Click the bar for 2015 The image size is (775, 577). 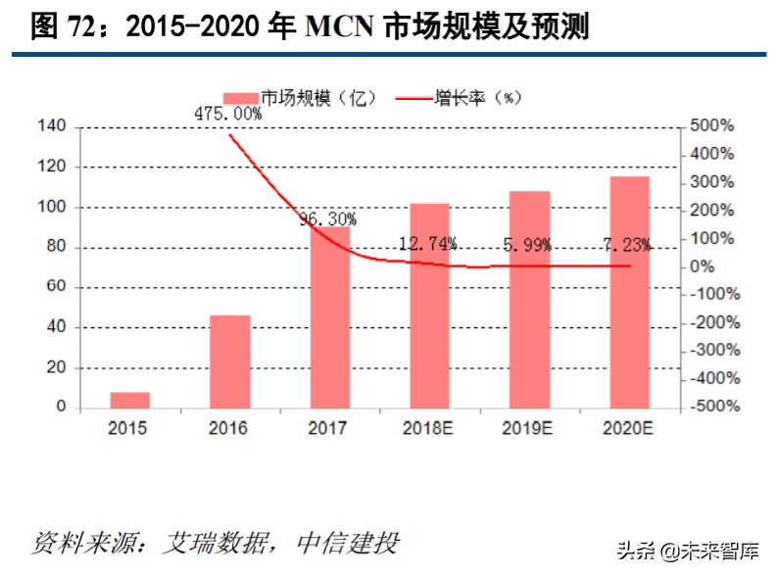point(130,400)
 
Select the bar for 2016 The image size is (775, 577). point(230,361)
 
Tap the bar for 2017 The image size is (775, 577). point(330,323)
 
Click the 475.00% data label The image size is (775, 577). point(228,114)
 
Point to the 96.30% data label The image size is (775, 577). point(328,219)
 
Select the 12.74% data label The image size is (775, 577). point(428,243)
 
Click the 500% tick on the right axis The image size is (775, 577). point(712,126)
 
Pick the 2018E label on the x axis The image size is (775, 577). point(429,428)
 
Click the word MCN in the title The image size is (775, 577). point(340,26)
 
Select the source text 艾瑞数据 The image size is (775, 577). point(205,543)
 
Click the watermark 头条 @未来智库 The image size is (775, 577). point(688,551)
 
